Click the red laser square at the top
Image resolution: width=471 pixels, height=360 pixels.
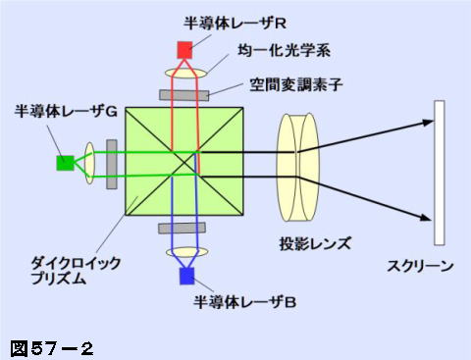click(183, 49)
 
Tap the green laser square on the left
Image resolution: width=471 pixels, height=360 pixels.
click(65, 163)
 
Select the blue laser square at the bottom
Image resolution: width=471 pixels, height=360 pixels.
click(185, 276)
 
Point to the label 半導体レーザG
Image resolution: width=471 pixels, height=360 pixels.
click(66, 114)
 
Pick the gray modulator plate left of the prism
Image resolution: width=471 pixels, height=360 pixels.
click(112, 163)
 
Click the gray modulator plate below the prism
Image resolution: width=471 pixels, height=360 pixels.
click(184, 229)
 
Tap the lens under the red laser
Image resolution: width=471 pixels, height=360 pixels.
click(184, 73)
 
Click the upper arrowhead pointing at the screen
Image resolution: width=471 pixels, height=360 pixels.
click(427, 124)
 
